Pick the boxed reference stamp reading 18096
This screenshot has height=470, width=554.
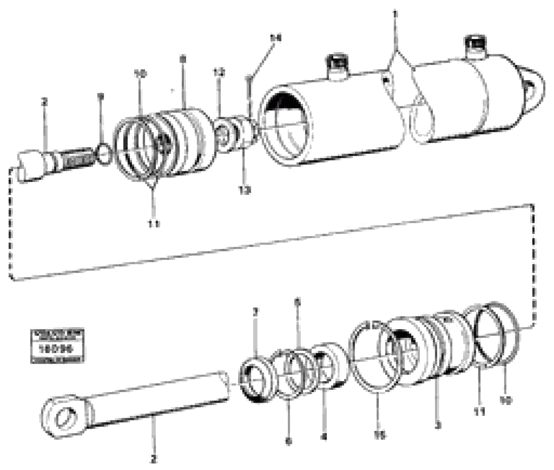[x=57, y=346]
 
